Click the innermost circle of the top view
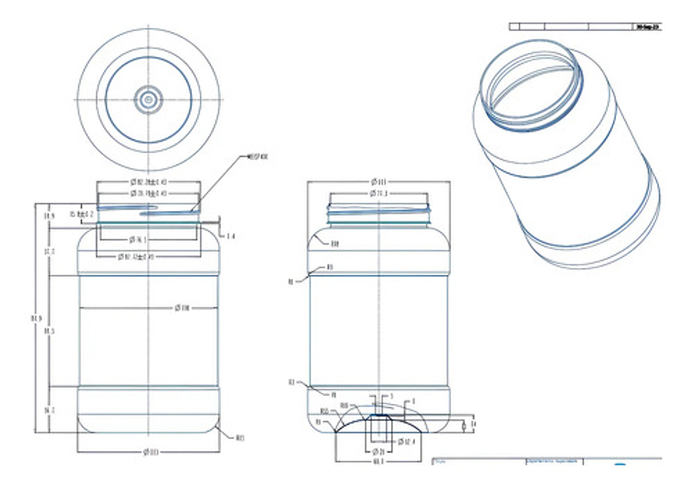(x=149, y=99)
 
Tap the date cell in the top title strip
(x=647, y=27)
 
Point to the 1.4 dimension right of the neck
(x=230, y=236)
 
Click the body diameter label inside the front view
(x=182, y=308)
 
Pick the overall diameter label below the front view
(x=149, y=452)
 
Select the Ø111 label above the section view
(x=379, y=181)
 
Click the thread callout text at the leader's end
(x=258, y=156)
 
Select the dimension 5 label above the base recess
(x=391, y=396)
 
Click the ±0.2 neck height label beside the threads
(x=82, y=215)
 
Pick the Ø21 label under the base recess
(x=378, y=451)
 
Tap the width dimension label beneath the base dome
(x=378, y=461)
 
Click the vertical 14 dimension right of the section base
(x=473, y=424)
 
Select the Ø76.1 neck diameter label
(x=138, y=239)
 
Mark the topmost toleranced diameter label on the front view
(x=148, y=181)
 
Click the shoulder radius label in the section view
(x=334, y=243)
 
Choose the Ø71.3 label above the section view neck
(x=378, y=194)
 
